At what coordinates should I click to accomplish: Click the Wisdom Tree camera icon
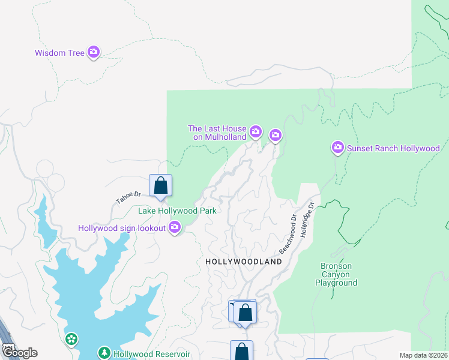pyautogui.click(x=93, y=52)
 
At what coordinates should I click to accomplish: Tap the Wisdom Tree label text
pyautogui.click(x=59, y=53)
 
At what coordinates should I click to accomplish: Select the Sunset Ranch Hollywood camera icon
pyautogui.click(x=337, y=148)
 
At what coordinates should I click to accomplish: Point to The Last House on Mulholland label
pyautogui.click(x=217, y=133)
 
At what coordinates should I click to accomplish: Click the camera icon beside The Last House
pyautogui.click(x=256, y=131)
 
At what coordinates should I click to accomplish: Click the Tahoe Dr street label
pyautogui.click(x=128, y=194)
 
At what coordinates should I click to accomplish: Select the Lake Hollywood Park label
pyautogui.click(x=177, y=211)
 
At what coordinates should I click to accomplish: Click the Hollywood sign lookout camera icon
pyautogui.click(x=175, y=227)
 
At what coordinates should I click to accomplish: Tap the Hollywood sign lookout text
pyautogui.click(x=122, y=228)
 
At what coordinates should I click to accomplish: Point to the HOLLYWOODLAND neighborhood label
pyautogui.click(x=244, y=262)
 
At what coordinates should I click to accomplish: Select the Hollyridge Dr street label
pyautogui.click(x=307, y=219)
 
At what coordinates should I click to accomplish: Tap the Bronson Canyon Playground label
pyautogui.click(x=336, y=274)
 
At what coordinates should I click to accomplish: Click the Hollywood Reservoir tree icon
pyautogui.click(x=104, y=353)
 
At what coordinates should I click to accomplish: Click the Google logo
pyautogui.click(x=19, y=352)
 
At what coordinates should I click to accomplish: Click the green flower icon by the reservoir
pyautogui.click(x=71, y=340)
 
